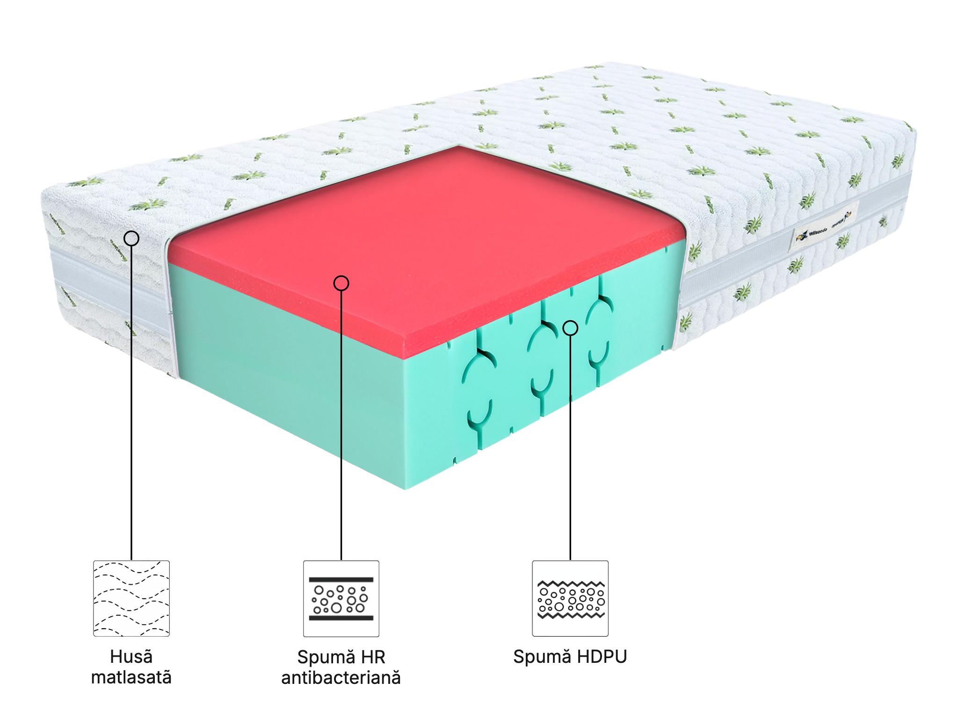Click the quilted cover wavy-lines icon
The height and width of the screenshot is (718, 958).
pyautogui.click(x=131, y=598)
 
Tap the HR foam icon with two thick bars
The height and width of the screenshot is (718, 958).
pyautogui.click(x=341, y=598)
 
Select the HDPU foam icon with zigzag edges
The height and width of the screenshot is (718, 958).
pyautogui.click(x=570, y=598)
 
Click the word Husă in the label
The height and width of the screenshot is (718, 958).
pyautogui.click(x=131, y=657)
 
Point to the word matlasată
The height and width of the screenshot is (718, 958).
pyautogui.click(x=131, y=677)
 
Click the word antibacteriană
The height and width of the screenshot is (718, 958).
pyautogui.click(x=341, y=678)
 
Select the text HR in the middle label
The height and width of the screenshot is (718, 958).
pyautogui.click(x=373, y=657)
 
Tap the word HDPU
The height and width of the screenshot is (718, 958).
pyautogui.click(x=602, y=657)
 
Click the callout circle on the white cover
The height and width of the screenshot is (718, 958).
pyautogui.click(x=131, y=238)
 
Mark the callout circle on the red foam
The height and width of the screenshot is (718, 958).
pyautogui.click(x=341, y=283)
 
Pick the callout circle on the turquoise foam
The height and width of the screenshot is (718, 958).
pyautogui.click(x=570, y=328)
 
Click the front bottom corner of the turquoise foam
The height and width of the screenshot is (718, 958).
pyautogui.click(x=405, y=488)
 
